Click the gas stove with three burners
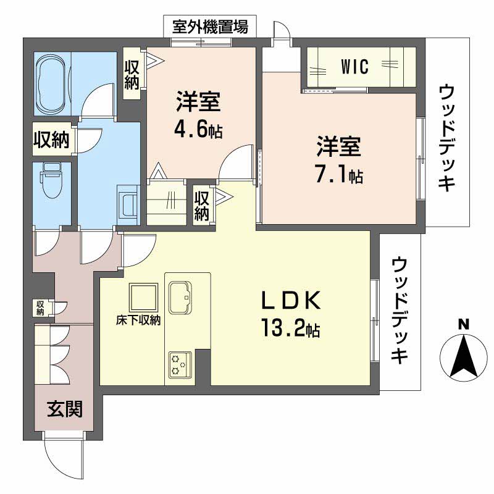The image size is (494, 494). click(x=180, y=363)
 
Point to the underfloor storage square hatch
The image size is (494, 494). click(x=144, y=298)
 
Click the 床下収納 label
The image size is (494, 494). click(x=138, y=320)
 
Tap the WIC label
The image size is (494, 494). click(x=355, y=67)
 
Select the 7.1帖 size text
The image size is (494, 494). click(x=339, y=175)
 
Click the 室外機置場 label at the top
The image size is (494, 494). click(x=210, y=27)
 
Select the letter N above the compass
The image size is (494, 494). click(x=463, y=324)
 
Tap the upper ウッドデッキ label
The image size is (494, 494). click(x=446, y=138)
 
